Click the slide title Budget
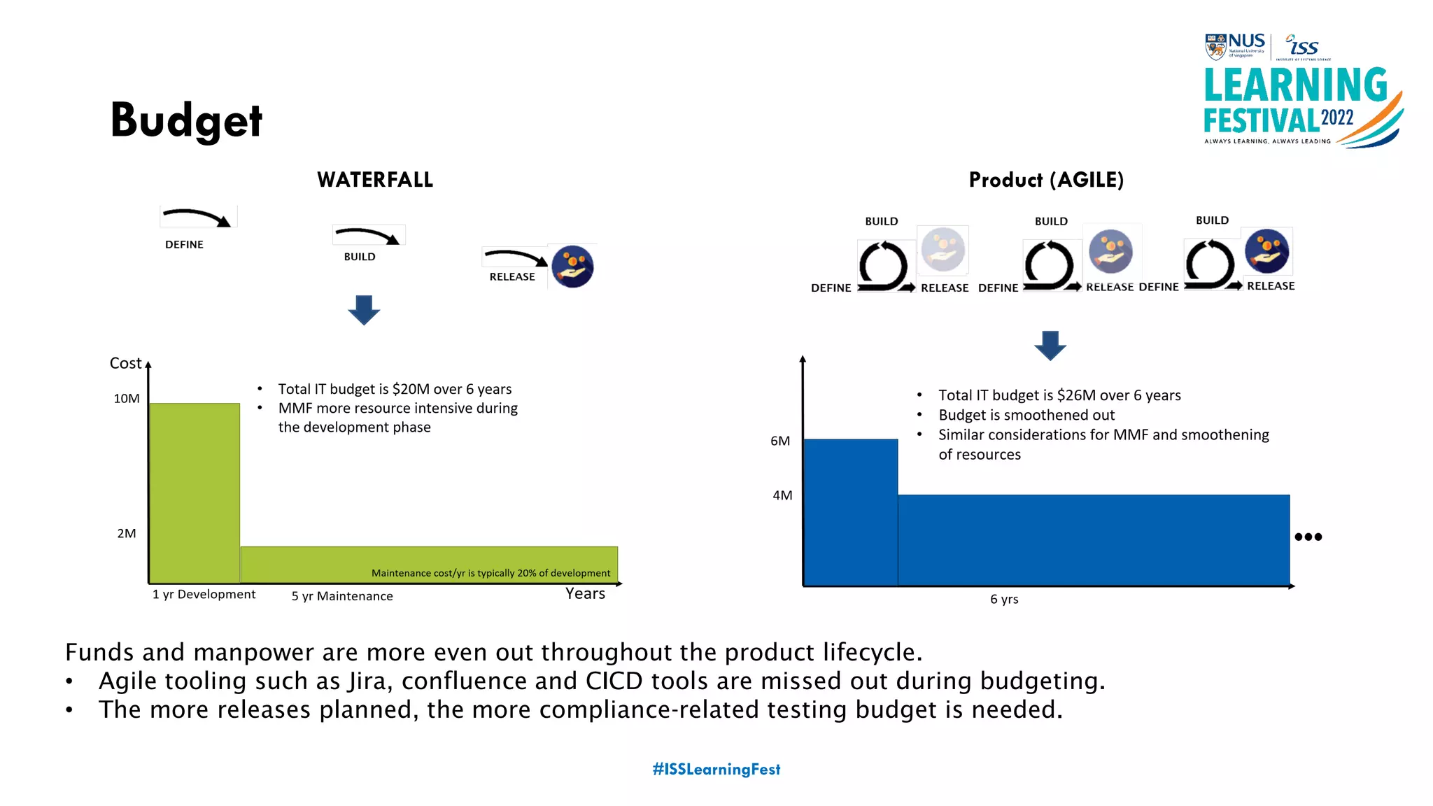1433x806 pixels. (186, 120)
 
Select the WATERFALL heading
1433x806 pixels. (375, 180)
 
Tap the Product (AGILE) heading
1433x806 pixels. (1046, 180)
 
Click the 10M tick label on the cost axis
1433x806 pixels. (127, 399)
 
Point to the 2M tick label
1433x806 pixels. (127, 533)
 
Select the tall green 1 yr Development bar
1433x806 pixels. (195, 493)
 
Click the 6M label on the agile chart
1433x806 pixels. (780, 441)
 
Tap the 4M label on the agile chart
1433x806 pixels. (782, 495)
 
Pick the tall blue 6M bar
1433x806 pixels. (851, 512)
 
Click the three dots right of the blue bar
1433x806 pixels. (1308, 537)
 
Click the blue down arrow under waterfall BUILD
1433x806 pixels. (364, 310)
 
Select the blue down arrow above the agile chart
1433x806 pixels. (1050, 346)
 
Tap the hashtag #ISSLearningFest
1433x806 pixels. (716, 769)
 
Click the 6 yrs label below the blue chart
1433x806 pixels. (1004, 599)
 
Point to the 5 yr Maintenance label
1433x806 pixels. (342, 596)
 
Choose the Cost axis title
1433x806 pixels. (125, 363)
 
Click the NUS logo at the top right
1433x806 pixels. (1235, 46)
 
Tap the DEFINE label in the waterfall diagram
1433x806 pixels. (184, 244)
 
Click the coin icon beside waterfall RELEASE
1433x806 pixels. (572, 267)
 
